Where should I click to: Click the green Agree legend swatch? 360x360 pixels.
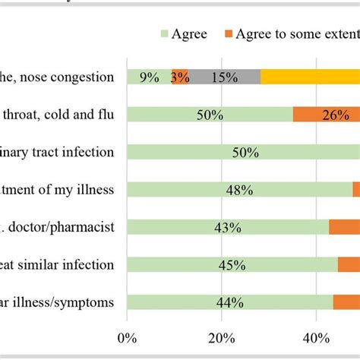coord(164,35)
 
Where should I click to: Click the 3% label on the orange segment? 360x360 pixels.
coord(180,77)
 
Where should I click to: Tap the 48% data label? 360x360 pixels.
coord(239,189)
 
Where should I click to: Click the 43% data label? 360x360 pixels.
coord(227,227)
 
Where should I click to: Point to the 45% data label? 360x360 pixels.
coord(232,264)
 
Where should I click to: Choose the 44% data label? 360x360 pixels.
coord(230,302)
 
